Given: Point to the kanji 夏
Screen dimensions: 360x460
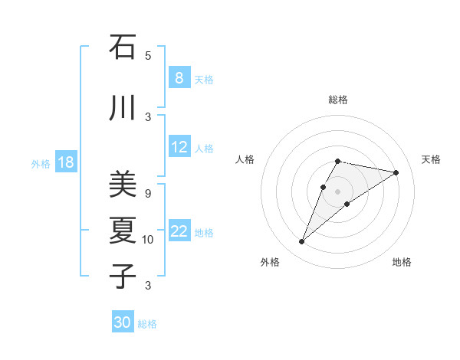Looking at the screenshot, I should (123, 229).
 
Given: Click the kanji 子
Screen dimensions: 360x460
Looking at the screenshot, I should (123, 275).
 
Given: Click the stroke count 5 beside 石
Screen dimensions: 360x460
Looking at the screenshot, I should (148, 55).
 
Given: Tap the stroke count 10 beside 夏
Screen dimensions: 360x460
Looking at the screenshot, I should (148, 239).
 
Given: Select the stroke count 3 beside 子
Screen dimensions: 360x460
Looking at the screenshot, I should (148, 285).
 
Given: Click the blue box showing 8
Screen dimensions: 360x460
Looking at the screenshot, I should (179, 78).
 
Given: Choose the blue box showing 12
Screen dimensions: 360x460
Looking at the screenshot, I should (180, 147).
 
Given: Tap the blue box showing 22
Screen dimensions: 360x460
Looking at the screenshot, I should (180, 231).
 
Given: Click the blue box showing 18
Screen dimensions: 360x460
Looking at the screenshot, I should (65, 162).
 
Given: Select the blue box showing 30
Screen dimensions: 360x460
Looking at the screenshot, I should (123, 322).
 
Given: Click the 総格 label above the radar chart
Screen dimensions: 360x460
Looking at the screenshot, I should (338, 100).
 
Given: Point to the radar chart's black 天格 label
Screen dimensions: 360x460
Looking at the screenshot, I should (431, 159).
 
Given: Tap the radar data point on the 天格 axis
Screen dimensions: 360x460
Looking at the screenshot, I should (396, 172).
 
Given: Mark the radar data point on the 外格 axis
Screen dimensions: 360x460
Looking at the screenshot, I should (302, 242).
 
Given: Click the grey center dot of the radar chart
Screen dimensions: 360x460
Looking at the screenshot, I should (338, 191).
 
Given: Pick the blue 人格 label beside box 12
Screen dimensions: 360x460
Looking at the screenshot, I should (204, 149).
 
